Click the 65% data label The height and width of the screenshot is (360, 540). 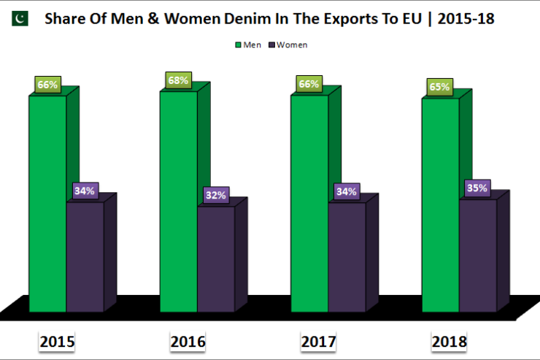(440, 87)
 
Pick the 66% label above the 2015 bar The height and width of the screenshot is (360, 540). (47, 85)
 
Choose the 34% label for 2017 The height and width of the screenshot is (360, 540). (347, 192)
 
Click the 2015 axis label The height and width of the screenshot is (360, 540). (57, 341)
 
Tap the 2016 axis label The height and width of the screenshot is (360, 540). (188, 341)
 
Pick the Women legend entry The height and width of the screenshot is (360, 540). (288, 45)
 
